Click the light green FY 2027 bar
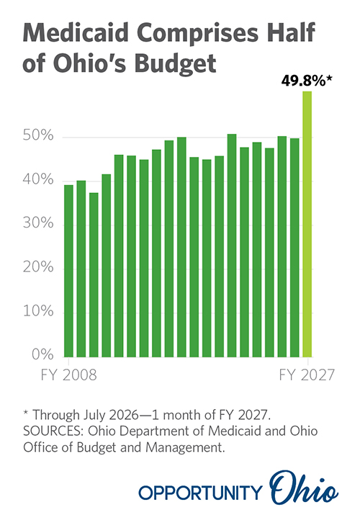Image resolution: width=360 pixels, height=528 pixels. [307, 224]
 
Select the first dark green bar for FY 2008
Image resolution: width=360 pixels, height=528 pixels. [68, 271]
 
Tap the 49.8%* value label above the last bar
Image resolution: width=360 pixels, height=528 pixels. [307, 81]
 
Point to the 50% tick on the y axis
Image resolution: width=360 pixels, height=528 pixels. [38, 135]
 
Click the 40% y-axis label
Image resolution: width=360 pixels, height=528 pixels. [38, 179]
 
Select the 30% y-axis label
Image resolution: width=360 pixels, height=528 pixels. [38, 223]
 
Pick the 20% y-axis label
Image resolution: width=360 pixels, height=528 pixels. [38, 267]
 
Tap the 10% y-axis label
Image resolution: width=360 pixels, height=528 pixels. [38, 310]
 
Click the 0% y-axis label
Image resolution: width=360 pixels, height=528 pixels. [42, 354]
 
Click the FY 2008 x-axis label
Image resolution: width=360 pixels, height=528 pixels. [68, 375]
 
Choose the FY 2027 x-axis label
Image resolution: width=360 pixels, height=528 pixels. [307, 375]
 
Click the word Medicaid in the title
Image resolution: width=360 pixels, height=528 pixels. [76, 32]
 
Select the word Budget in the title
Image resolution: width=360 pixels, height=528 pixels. [175, 63]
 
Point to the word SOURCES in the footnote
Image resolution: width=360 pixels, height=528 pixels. [53, 431]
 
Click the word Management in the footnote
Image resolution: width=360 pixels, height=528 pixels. [185, 447]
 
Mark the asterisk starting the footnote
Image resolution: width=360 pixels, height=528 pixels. [26, 413]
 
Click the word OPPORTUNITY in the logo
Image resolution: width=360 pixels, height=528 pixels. [200, 493]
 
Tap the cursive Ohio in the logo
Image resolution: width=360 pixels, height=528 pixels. [304, 487]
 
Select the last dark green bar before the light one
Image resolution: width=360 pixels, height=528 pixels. [294, 248]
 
